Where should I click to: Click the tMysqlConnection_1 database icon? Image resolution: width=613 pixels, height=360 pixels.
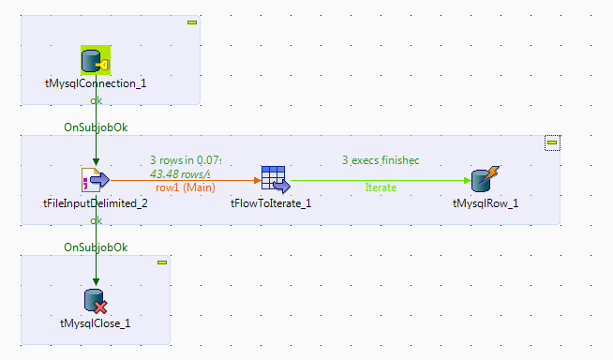(96, 61)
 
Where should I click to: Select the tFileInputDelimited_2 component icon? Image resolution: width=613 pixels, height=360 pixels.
(96, 179)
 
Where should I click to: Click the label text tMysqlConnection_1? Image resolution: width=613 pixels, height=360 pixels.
(96, 82)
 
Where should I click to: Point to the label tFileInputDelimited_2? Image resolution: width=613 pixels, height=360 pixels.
(96, 202)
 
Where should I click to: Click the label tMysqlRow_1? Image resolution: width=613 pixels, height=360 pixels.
(485, 202)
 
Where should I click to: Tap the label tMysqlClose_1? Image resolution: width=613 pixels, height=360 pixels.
(96, 322)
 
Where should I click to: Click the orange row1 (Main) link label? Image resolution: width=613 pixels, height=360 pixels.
(187, 187)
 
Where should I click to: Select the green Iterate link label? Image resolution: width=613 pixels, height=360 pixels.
(380, 187)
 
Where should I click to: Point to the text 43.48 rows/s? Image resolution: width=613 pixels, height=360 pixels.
(186, 173)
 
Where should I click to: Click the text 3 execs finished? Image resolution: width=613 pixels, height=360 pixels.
(380, 160)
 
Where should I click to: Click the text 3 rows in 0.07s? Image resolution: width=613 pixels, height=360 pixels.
(186, 160)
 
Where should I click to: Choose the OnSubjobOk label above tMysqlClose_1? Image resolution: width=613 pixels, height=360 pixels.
(95, 247)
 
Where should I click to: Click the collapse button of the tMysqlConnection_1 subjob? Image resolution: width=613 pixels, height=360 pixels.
(192, 22)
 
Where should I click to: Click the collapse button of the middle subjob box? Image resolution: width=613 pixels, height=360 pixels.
(552, 142)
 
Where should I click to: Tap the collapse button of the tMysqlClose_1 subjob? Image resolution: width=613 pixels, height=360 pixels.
(162, 262)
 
